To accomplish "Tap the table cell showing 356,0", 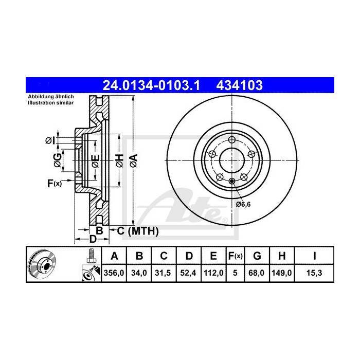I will pos(114,273).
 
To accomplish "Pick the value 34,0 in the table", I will pos(139,273).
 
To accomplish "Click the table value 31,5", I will pos(164,273).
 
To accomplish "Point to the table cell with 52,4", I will pos(188,273).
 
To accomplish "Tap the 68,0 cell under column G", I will pos(258,273).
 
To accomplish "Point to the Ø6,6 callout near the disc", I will pos(243,204).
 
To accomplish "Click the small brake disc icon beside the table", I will pos(43,264).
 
